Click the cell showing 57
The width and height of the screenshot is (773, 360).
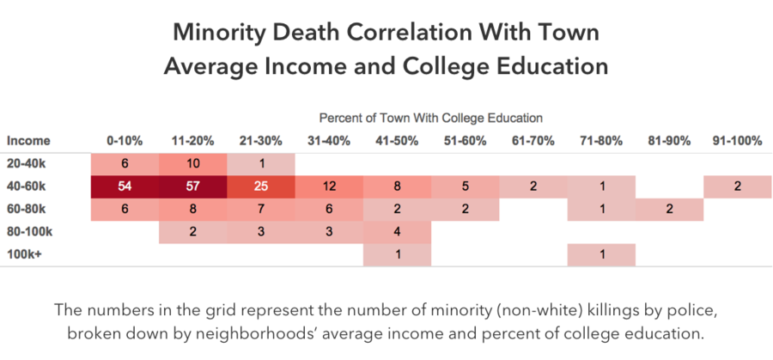coord(192,186)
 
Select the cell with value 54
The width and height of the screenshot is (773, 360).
coord(125,186)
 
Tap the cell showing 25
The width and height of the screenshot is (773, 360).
coord(261,186)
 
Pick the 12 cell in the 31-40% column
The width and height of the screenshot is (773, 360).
coord(329,186)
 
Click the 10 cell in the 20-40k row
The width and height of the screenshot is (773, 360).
coord(192,164)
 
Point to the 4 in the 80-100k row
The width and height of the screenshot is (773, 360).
coord(398,232)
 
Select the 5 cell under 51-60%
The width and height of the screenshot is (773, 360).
coord(466,186)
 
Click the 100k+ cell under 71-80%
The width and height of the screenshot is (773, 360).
coord(601,255)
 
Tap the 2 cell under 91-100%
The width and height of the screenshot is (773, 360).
coord(738,186)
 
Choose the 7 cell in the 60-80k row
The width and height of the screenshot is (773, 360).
coord(261,209)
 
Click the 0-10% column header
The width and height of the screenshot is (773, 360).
coord(125,141)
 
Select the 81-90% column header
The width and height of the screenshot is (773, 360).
coord(669,141)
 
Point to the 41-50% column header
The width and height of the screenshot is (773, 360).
coord(397,141)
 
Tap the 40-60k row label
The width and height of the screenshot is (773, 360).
coord(26,186)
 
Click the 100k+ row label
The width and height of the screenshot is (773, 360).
coord(23,255)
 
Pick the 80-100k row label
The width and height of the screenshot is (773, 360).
coord(29,232)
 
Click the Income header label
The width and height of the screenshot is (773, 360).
coord(28,141)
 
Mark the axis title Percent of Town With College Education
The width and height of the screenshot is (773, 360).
coord(431,119)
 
